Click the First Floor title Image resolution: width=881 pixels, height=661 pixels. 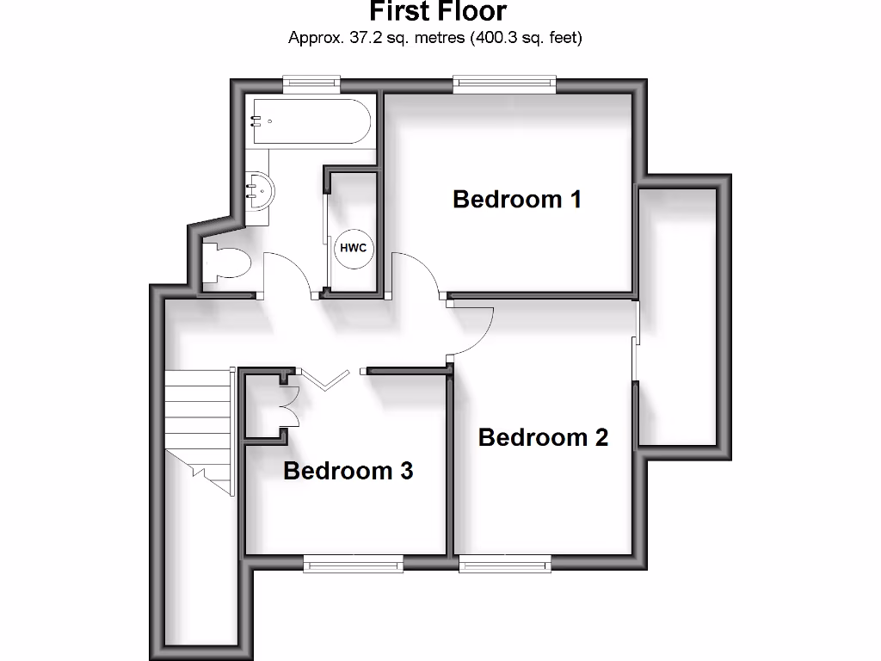(x=438, y=12)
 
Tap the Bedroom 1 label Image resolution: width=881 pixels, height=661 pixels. (x=517, y=200)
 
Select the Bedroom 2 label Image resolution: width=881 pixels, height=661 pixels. (x=543, y=437)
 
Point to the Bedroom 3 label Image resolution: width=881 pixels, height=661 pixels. (x=348, y=471)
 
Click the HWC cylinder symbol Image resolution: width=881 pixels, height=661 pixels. (x=353, y=248)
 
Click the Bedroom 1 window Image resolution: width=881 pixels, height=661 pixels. (x=505, y=83)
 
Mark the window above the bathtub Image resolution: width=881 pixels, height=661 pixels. (x=311, y=83)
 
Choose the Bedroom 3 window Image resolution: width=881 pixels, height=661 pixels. (x=353, y=564)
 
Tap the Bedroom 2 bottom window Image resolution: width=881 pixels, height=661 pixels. (x=505, y=564)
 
